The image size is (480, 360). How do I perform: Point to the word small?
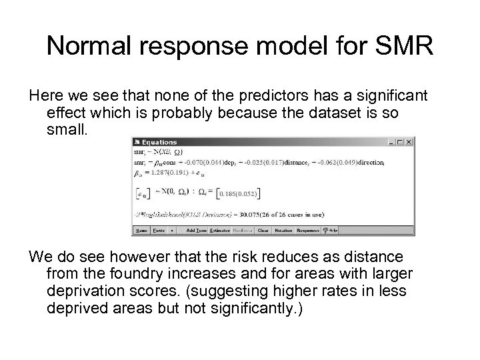point(67,130)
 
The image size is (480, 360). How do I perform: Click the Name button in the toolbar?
point(141,231)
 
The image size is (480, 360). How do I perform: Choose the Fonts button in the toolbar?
point(159,231)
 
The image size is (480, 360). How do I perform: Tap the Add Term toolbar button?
point(195,231)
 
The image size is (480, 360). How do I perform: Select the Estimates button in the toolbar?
point(219,231)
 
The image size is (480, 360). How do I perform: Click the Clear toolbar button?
point(263,231)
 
